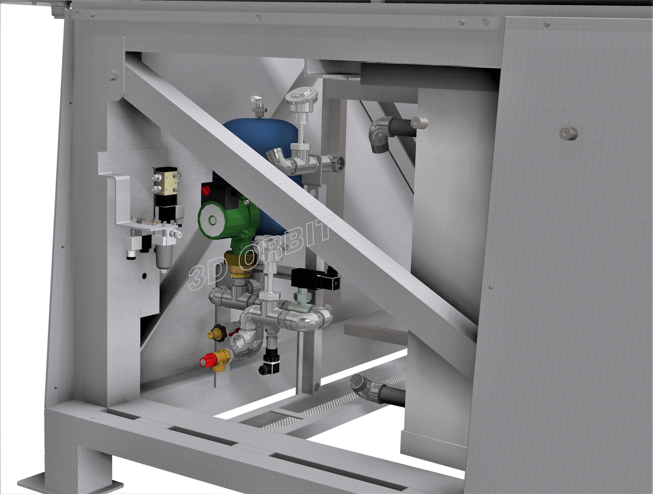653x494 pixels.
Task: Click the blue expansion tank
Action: click(x=260, y=142)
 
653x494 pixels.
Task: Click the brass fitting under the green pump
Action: click(x=238, y=264)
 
